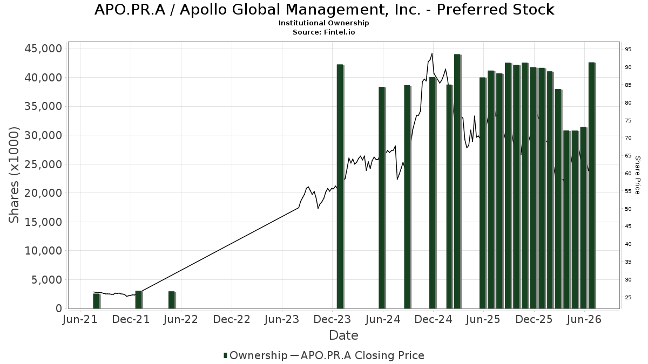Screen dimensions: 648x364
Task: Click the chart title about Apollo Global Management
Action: pos(324,10)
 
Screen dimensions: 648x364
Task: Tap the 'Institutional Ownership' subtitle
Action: pos(323,23)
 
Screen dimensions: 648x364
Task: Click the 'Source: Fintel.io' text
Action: pos(323,32)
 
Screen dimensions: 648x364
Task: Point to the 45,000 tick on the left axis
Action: pos(43,49)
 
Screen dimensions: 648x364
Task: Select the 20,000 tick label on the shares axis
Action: pos(43,193)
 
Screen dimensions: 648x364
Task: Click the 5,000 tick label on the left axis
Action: pos(47,280)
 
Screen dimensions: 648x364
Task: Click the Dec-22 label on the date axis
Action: pos(232,319)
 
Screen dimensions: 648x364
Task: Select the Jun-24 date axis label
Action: pos(383,319)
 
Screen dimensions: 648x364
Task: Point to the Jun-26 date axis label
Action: pos(584,319)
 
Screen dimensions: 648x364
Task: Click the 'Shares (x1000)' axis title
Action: pos(13,175)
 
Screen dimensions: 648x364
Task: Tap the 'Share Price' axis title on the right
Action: pos(638,175)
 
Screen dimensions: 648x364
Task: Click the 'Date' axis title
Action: pos(343,335)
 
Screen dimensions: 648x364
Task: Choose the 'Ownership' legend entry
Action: pos(255,355)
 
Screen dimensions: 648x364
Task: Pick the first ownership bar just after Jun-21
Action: pos(97,301)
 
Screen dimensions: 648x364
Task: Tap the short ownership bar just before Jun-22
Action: pos(172,300)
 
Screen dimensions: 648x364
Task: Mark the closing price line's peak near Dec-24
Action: pos(432,53)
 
